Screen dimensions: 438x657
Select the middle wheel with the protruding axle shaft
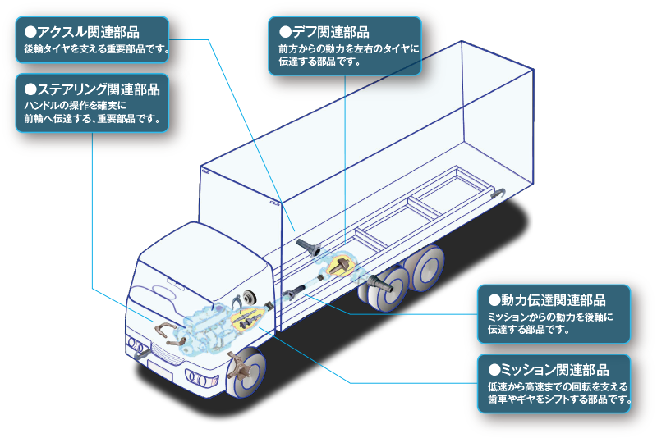(391, 288)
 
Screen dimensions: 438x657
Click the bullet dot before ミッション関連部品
(494, 370)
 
